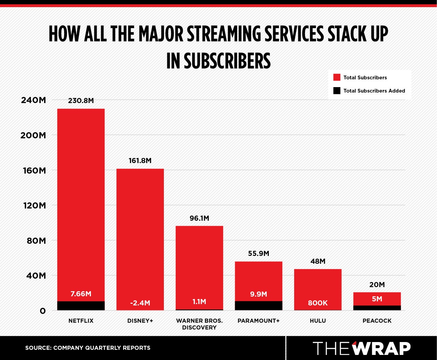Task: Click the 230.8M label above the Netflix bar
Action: click(x=81, y=101)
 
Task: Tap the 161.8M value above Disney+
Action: click(x=140, y=161)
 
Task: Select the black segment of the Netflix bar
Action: click(x=81, y=305)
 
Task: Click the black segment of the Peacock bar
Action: click(x=377, y=308)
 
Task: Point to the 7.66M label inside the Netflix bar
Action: click(x=81, y=294)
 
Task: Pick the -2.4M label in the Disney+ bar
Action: click(x=140, y=303)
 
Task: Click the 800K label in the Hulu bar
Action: click(x=318, y=303)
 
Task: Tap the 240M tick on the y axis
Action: click(x=33, y=100)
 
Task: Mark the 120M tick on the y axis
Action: click(x=33, y=205)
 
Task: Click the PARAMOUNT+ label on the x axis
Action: click(x=259, y=321)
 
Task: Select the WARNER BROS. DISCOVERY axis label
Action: click(x=199, y=324)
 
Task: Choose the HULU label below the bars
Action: click(x=318, y=321)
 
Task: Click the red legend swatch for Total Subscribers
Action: click(x=337, y=78)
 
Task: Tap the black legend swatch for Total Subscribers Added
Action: click(x=337, y=91)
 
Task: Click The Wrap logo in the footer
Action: click(x=361, y=348)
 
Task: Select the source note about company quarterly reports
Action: click(x=88, y=348)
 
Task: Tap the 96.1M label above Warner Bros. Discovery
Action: click(x=199, y=218)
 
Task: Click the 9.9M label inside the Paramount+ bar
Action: click(x=259, y=294)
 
